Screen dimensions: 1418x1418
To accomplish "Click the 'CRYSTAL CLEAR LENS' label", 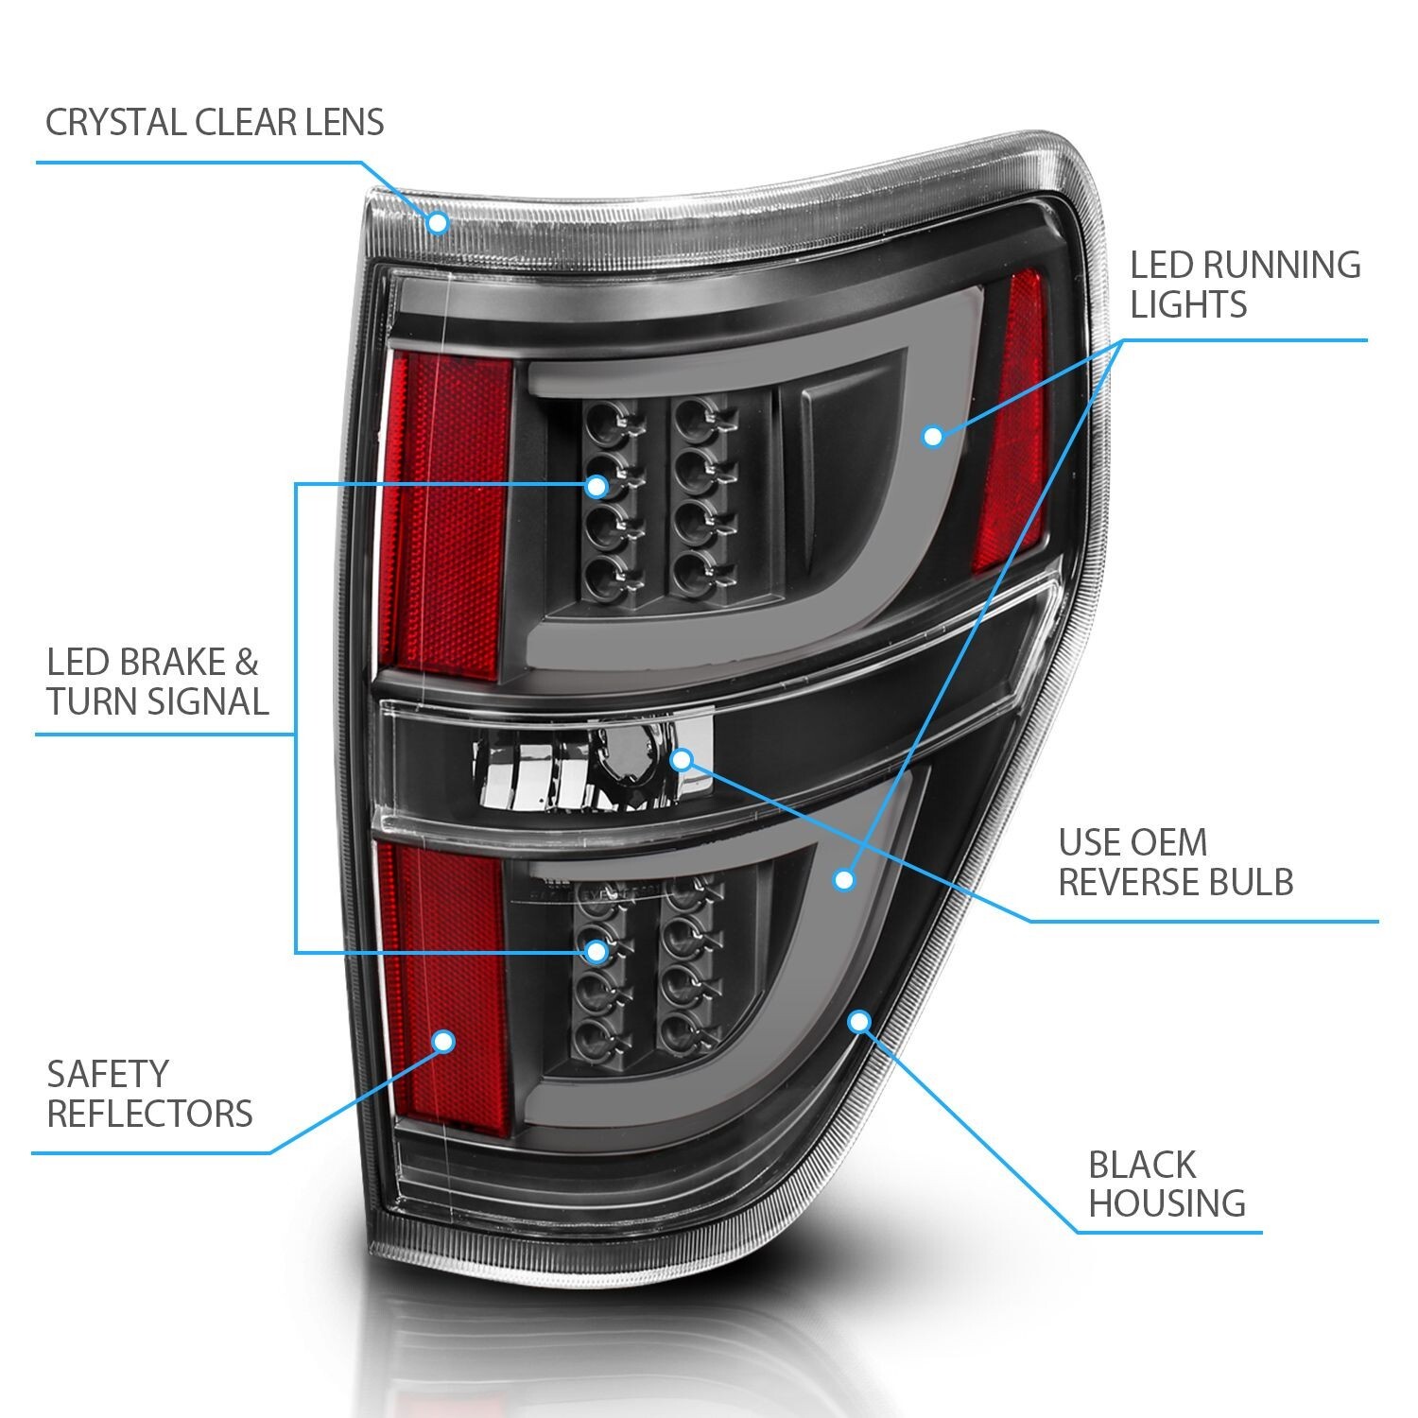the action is pos(215,122).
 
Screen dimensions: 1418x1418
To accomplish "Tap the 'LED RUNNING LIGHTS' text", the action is pos(1245,284).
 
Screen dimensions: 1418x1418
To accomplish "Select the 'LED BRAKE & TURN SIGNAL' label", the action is pos(157,682).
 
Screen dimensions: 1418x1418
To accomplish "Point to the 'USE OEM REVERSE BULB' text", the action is pos(1175,862).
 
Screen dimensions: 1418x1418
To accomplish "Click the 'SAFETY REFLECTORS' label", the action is pos(149,1094).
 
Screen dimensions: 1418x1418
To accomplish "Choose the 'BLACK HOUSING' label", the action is pos(1167,1184).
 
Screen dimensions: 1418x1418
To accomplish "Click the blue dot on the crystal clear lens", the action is pos(437,222).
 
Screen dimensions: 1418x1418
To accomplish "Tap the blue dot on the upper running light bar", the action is pos(933,436).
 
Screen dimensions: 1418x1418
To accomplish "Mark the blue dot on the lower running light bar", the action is pos(844,880).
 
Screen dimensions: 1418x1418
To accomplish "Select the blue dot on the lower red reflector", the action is pos(443,1042).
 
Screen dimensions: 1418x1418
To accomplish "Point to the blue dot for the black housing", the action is pos(859,1021).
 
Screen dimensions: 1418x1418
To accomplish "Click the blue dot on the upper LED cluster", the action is pos(596,486).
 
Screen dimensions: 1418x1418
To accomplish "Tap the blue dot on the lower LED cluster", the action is pos(596,950).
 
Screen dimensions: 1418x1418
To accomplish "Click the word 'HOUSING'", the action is pos(1167,1203).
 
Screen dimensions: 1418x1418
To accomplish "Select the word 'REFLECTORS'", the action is pos(149,1114).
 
